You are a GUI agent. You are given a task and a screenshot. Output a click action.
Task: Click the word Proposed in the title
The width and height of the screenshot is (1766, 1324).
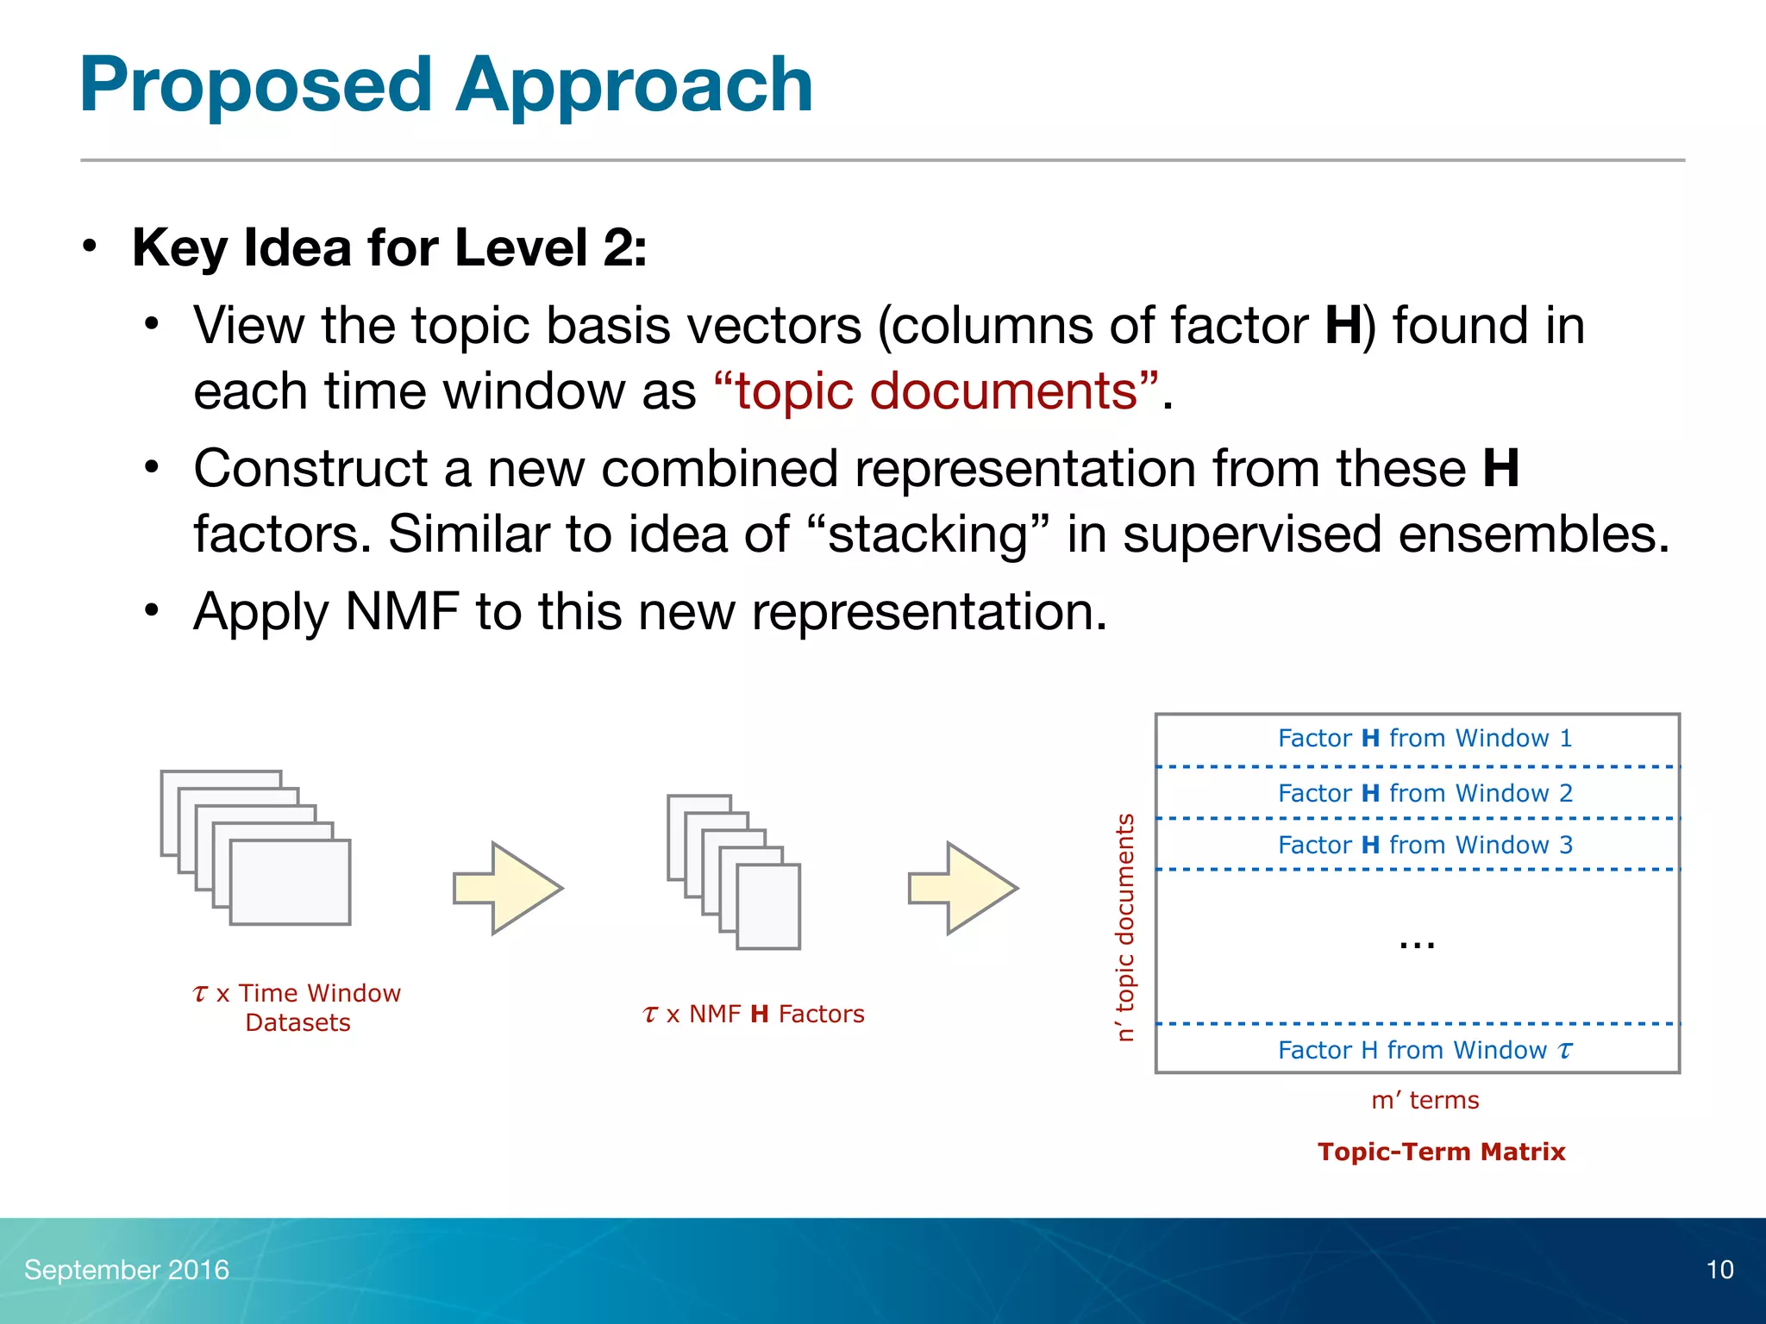pyautogui.click(x=255, y=85)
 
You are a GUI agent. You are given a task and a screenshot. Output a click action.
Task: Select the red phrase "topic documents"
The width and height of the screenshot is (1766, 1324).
pyautogui.click(x=936, y=391)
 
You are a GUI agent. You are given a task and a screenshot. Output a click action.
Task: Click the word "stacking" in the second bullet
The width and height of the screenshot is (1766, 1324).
pyautogui.click(x=930, y=534)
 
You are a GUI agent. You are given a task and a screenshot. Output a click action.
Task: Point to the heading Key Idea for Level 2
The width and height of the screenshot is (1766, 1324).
pyautogui.click(x=389, y=248)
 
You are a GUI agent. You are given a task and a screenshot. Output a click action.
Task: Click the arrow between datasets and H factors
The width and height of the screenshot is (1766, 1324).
pyautogui.click(x=509, y=888)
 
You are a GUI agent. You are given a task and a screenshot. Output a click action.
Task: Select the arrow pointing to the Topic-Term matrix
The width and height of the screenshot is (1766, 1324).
pyautogui.click(x=964, y=888)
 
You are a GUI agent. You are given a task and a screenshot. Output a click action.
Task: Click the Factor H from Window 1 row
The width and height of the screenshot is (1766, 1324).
pyautogui.click(x=1425, y=739)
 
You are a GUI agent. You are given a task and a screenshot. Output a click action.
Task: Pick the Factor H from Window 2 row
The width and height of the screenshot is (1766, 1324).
pyautogui.click(x=1425, y=793)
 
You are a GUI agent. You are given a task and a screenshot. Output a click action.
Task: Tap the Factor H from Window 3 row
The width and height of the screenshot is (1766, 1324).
pyautogui.click(x=1425, y=845)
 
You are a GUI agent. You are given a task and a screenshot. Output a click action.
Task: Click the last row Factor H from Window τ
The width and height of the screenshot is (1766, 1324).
pyautogui.click(x=1425, y=1050)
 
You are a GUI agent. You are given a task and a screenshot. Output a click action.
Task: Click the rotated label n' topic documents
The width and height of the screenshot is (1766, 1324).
pyautogui.click(x=1124, y=927)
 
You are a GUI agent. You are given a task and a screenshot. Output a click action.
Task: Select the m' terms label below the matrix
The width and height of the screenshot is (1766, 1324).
pyautogui.click(x=1425, y=1100)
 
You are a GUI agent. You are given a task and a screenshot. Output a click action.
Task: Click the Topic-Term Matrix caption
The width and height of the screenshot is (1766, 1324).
pyautogui.click(x=1441, y=1152)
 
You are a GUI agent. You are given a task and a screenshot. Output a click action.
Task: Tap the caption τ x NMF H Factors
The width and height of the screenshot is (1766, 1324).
pyautogui.click(x=754, y=1015)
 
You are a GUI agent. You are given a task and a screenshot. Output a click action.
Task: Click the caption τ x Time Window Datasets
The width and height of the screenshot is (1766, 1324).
pyautogui.click(x=297, y=1008)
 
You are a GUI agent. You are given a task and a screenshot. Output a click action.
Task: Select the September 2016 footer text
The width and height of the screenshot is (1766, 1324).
pyautogui.click(x=127, y=1270)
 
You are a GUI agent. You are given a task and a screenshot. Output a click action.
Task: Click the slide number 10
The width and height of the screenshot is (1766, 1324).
pyautogui.click(x=1719, y=1270)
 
